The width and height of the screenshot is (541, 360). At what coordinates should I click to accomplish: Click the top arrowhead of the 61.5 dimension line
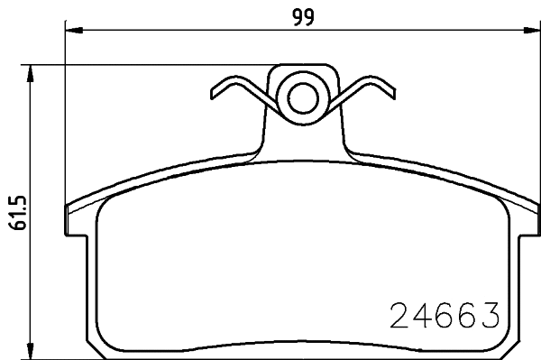point(32,71)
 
